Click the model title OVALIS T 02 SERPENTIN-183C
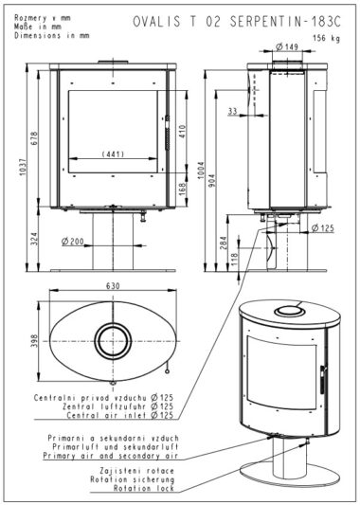(237, 22)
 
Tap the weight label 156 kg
(326, 38)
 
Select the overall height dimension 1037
(23, 167)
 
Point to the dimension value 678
(34, 138)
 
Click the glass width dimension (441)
(113, 154)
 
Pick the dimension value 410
(182, 132)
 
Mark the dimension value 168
(182, 189)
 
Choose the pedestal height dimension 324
(34, 239)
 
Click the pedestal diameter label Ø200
(72, 241)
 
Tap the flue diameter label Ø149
(287, 46)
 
